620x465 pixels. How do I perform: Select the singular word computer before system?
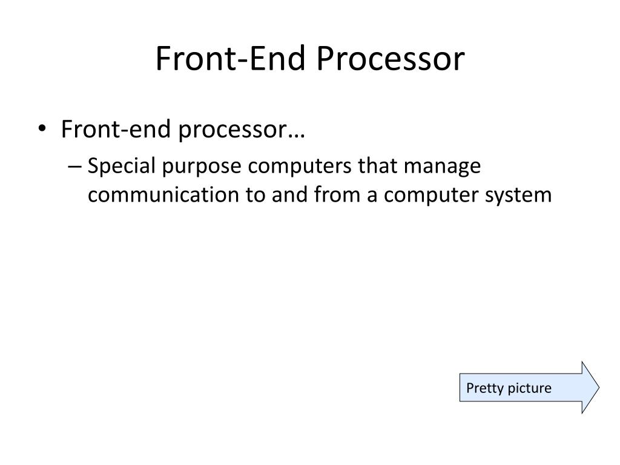point(435,196)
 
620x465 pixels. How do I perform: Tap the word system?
point(523,196)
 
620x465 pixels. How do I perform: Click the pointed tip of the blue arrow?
point(598,387)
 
